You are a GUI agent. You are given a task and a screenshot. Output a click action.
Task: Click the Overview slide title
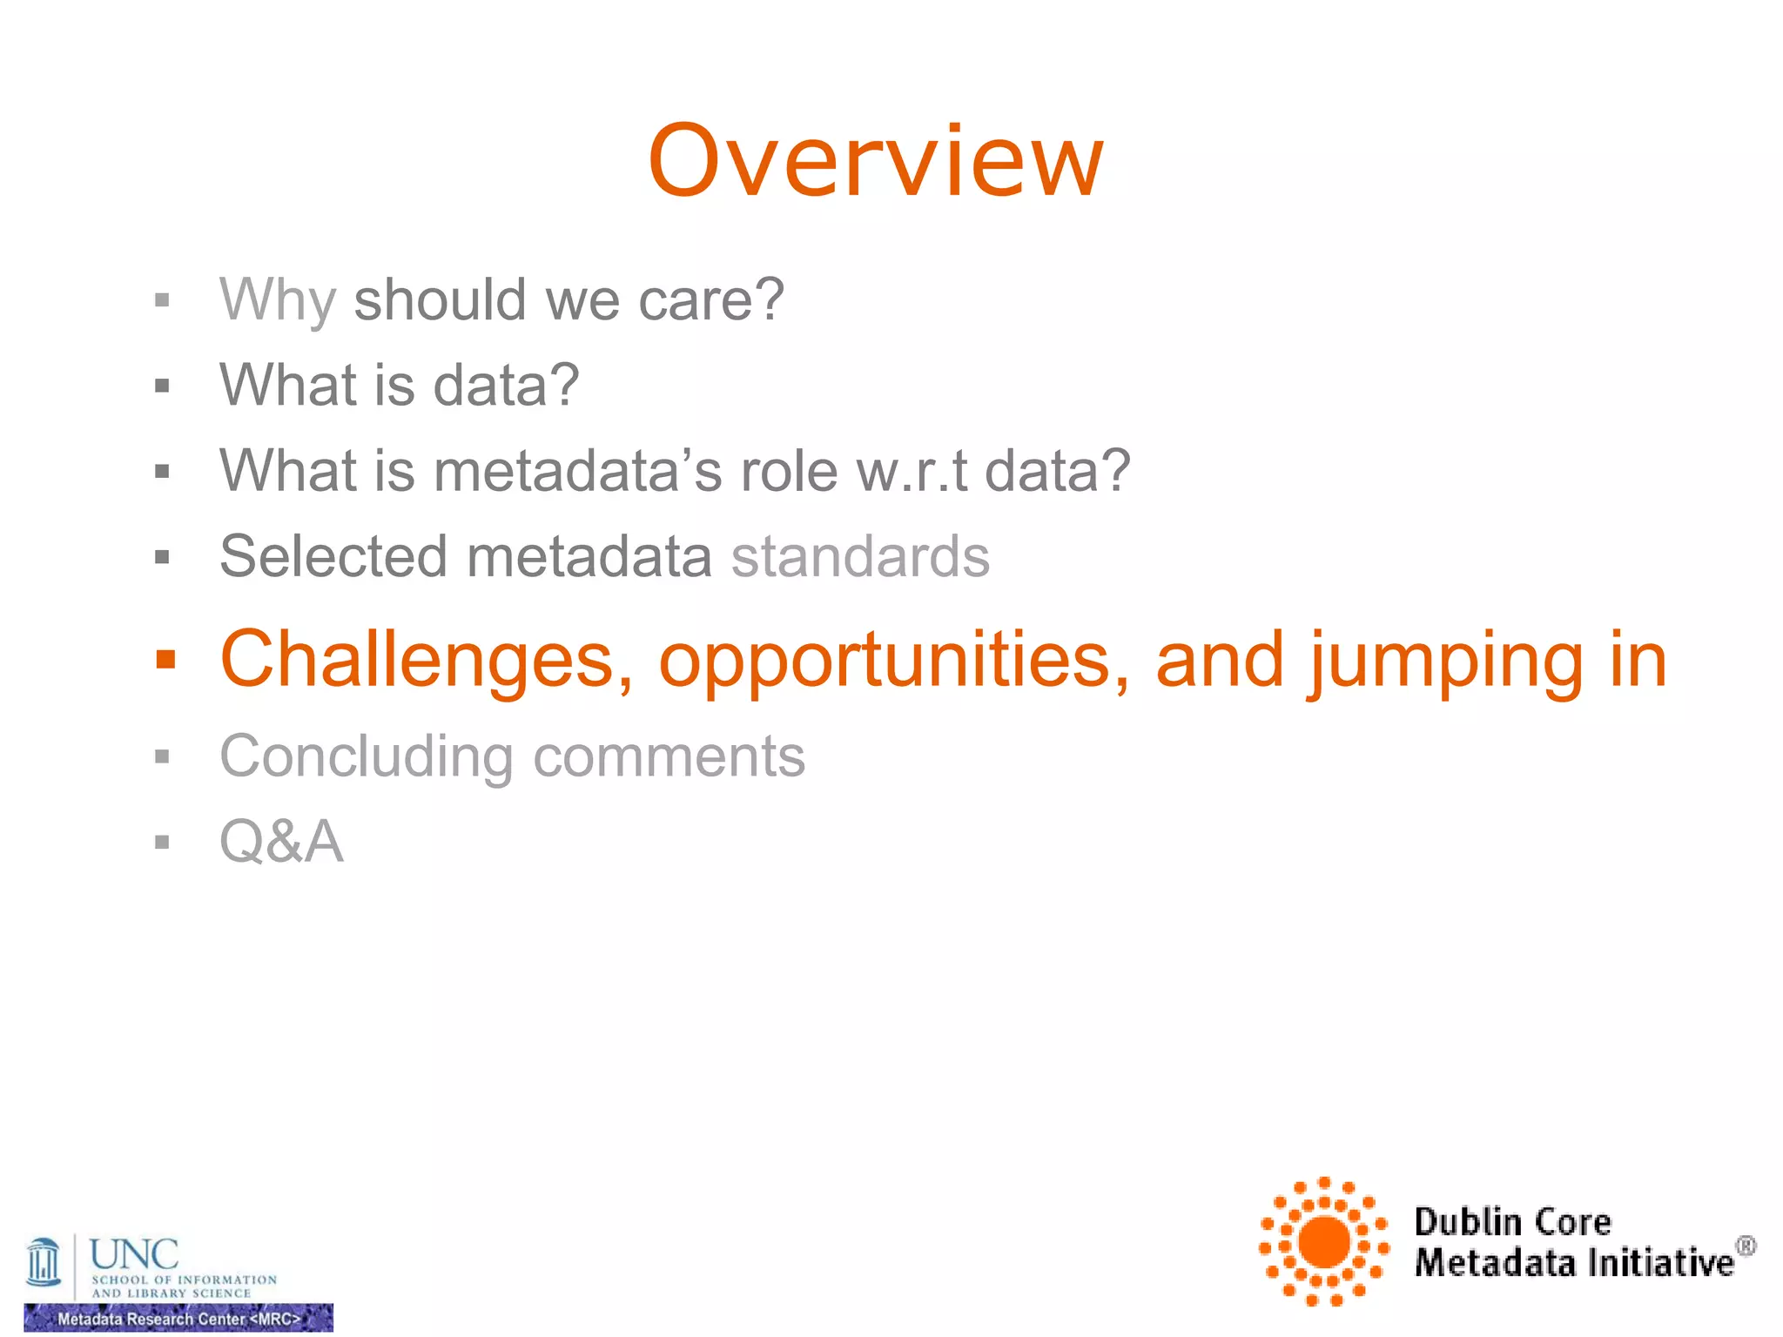point(876,162)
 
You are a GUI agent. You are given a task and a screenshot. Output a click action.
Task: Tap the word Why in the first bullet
point(277,300)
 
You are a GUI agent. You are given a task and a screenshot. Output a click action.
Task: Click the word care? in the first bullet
point(710,300)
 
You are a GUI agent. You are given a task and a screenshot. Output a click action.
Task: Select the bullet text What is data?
point(399,385)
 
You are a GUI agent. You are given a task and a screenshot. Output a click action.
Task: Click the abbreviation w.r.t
point(912,471)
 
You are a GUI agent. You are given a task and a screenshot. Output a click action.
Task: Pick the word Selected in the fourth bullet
point(333,556)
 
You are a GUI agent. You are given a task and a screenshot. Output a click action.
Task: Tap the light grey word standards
point(860,556)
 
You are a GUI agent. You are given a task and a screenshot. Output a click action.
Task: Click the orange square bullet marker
point(165,660)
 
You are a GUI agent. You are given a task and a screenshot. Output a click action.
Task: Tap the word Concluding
point(367,756)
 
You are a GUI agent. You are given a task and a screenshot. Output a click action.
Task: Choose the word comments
point(669,756)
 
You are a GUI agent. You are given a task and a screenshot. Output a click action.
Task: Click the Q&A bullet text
point(281,841)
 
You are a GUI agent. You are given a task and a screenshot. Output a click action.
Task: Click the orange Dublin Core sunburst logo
point(1323,1241)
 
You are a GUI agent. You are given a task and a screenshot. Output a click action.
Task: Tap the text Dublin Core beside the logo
point(1512,1221)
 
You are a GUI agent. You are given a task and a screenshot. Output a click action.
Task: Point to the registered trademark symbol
point(1746,1246)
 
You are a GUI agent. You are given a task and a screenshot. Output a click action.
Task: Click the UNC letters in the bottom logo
point(134,1254)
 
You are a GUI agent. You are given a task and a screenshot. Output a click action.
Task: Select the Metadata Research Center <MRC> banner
point(178,1318)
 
